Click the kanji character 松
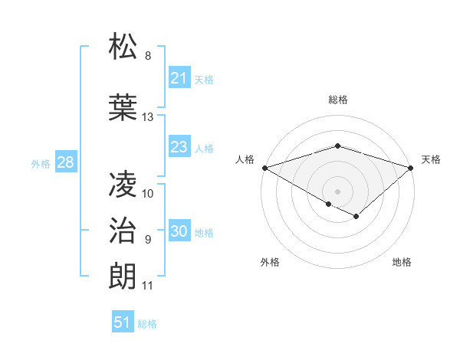point(124,47)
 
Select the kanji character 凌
point(124,185)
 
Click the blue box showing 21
point(179,78)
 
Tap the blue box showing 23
point(179,147)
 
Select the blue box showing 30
point(179,231)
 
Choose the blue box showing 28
point(65,162)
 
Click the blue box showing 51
point(123,322)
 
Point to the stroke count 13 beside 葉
point(148,117)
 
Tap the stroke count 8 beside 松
point(148,56)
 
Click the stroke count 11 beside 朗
point(148,286)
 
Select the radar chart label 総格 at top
point(337,100)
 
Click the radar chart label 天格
point(432,159)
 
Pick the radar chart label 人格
point(245,159)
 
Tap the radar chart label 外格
point(270,262)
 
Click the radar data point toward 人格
point(264,168)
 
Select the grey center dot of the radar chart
point(337,191)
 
